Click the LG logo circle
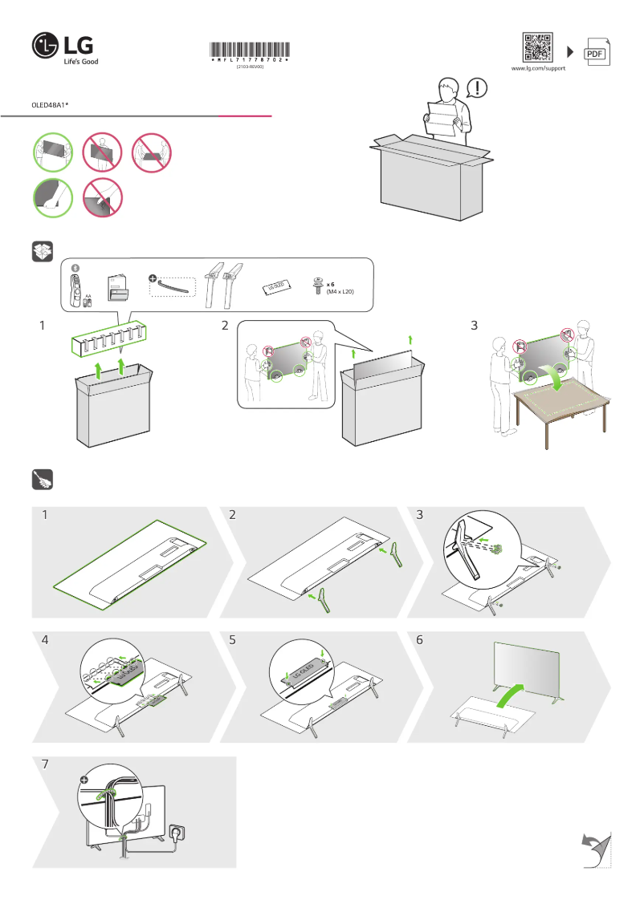(46, 47)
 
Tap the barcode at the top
(250, 52)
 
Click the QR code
(538, 49)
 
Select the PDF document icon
(596, 52)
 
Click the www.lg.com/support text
(538, 70)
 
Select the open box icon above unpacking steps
(42, 252)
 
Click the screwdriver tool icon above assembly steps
(42, 480)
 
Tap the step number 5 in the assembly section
(233, 641)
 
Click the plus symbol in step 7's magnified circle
(84, 779)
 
